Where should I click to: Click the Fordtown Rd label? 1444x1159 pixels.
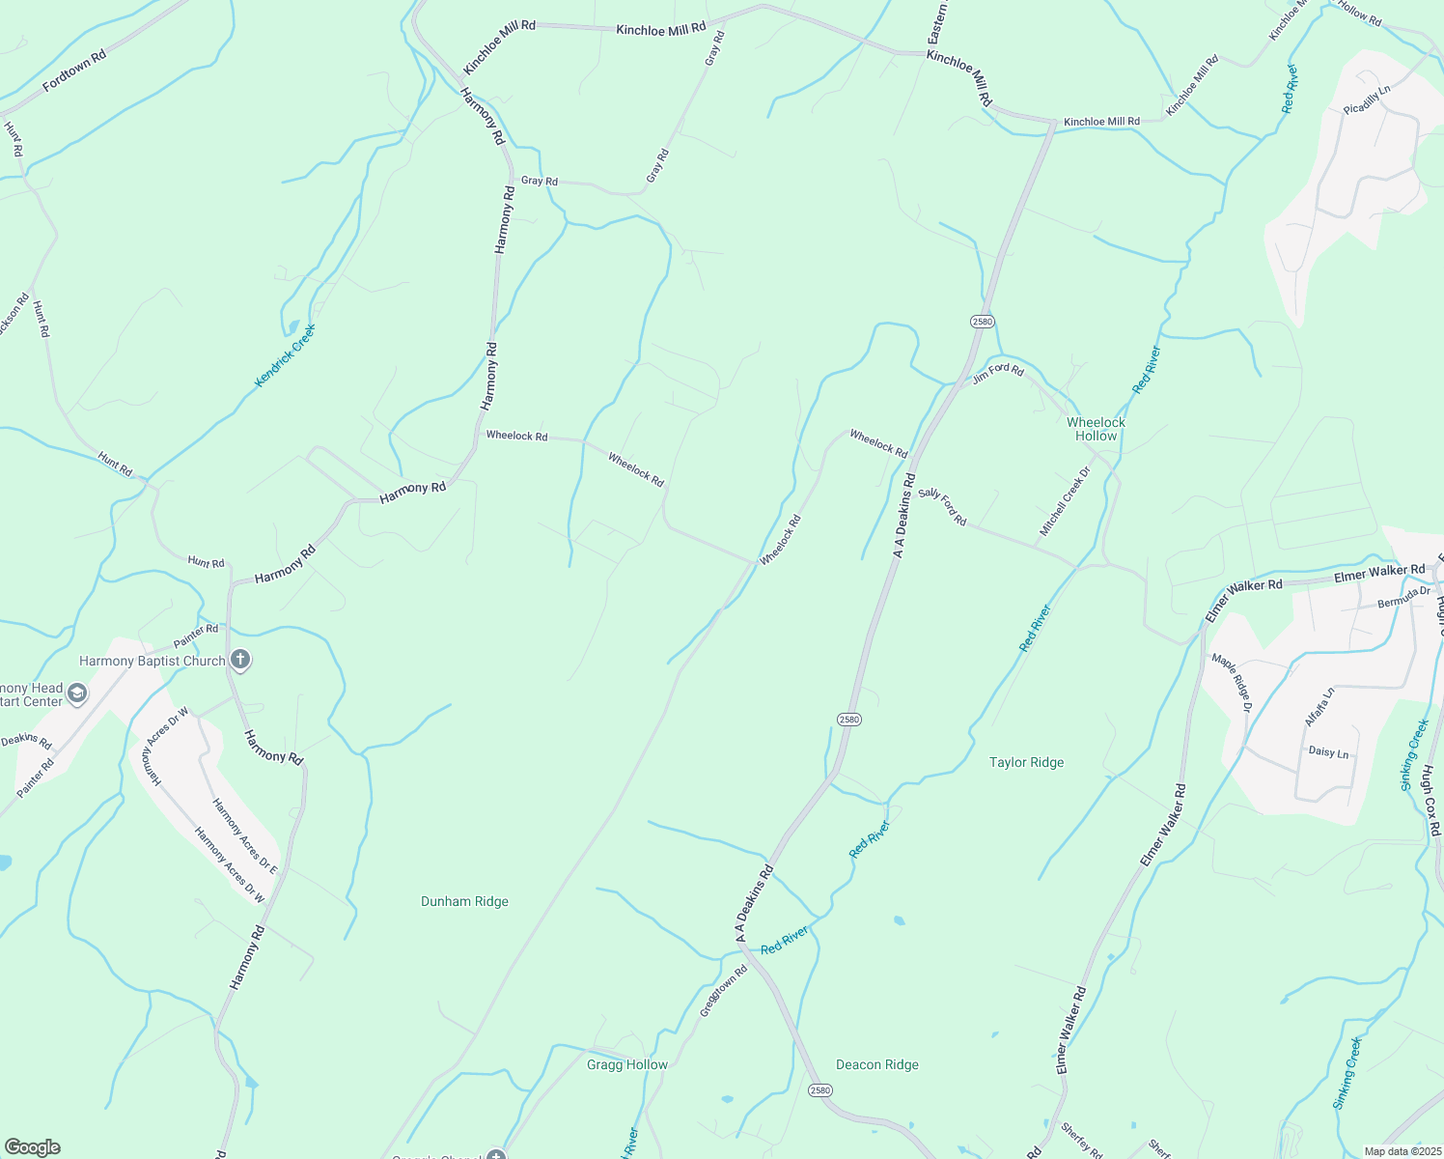tap(74, 71)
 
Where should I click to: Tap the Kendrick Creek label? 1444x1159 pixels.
tap(285, 355)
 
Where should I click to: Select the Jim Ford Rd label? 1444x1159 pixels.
tap(997, 373)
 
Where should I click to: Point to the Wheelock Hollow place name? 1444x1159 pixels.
tap(1096, 429)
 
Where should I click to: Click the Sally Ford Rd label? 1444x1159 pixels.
tap(942, 506)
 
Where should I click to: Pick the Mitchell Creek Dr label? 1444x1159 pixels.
tap(1065, 502)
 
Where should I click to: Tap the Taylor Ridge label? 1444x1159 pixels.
tap(1026, 762)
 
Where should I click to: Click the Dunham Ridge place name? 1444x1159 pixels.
tap(464, 901)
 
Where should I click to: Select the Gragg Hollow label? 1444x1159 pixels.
tap(627, 1064)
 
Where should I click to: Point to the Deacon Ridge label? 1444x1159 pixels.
tap(877, 1064)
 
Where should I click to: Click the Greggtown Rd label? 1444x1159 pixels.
tap(724, 991)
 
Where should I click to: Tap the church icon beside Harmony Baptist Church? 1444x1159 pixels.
tap(240, 661)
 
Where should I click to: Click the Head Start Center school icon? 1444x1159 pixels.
tap(77, 693)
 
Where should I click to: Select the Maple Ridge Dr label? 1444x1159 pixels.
tap(1232, 683)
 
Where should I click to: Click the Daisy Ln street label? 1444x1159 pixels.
tap(1328, 751)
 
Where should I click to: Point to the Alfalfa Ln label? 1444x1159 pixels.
tap(1319, 707)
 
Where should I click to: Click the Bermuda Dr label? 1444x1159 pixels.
tap(1403, 597)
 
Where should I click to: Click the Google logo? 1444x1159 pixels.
tap(32, 1147)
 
